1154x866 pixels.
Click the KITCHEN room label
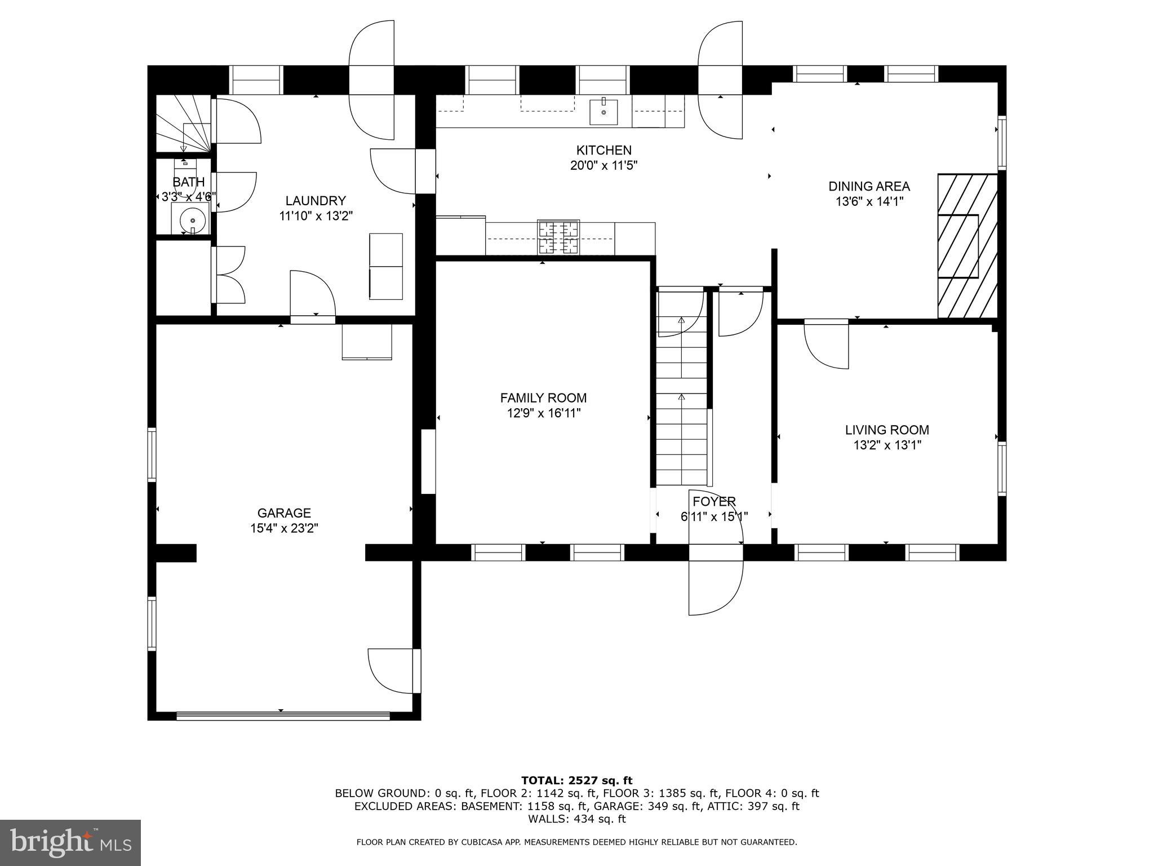coord(603,151)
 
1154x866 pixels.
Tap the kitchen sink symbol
coord(603,112)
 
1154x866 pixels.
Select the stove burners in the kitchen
coord(558,237)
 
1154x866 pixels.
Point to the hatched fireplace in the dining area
coord(967,246)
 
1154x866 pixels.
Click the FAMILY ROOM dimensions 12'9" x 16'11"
coord(543,413)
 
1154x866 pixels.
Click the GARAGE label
coord(284,513)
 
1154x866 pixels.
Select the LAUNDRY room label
coord(316,201)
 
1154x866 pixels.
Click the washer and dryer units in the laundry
coord(386,266)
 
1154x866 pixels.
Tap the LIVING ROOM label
coord(887,430)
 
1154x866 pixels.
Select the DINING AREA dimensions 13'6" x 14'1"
coord(869,201)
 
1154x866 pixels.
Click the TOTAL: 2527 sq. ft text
coord(576,780)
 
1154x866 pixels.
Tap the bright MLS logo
coord(70,843)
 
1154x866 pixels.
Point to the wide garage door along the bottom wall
coord(283,716)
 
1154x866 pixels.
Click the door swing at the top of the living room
coord(826,344)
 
